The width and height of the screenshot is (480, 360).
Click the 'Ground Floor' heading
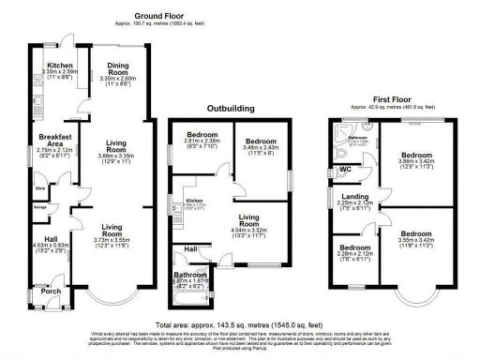point(158,16)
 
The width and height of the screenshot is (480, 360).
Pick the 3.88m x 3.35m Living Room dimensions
point(119,161)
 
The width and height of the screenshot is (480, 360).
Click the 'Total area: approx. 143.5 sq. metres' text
point(239,322)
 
